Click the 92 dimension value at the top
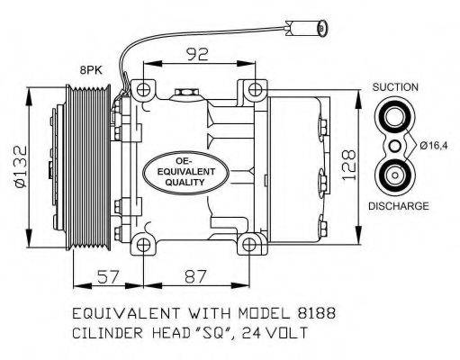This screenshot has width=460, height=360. [197, 54]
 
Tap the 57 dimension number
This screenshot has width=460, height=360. [108, 276]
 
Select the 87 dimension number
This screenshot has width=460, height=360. [195, 276]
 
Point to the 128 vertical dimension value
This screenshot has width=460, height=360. [349, 165]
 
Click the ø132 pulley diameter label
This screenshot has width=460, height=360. [22, 166]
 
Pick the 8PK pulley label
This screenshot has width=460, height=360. [91, 70]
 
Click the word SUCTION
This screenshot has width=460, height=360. [395, 87]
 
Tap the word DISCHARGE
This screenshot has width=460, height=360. [399, 206]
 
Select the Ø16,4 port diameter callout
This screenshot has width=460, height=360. [434, 146]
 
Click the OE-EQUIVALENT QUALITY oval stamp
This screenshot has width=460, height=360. [186, 173]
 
